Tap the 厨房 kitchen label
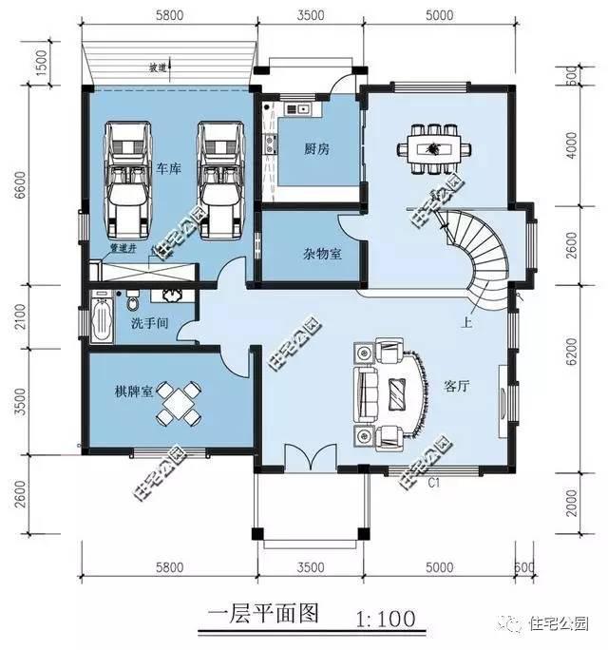point(316,149)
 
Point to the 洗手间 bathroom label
point(149,324)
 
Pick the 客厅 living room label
point(459,387)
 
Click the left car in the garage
point(128,179)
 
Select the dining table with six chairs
point(434,148)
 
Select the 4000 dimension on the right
point(570,147)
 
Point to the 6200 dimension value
point(570,358)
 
